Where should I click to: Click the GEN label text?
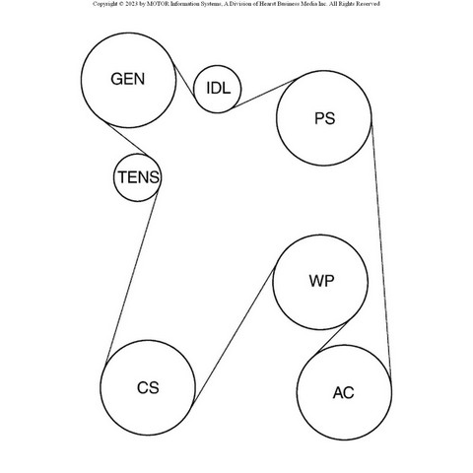(128, 79)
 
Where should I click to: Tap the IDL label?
(218, 88)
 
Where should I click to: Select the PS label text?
(324, 118)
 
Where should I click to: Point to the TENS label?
(138, 177)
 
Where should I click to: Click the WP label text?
(321, 281)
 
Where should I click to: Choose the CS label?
(148, 387)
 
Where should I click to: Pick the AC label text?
(343, 393)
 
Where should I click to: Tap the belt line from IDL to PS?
(264, 94)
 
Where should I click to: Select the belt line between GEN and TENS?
(128, 140)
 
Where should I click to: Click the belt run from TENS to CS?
(131, 277)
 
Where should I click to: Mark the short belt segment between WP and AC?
(332, 338)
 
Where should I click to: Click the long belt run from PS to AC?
(381, 249)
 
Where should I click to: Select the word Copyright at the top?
(105, 4)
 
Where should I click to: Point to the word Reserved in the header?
(370, 4)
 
